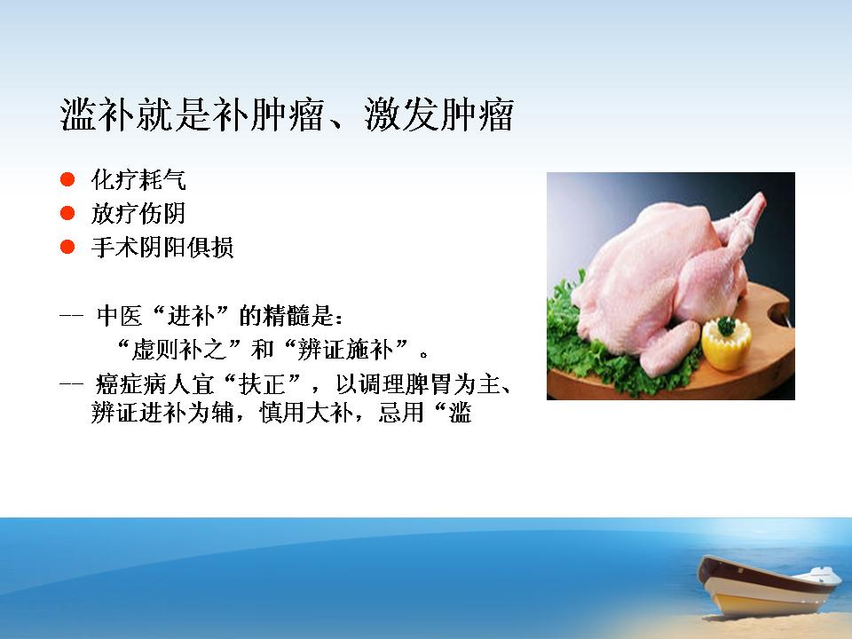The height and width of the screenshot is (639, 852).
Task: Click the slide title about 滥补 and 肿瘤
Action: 287,114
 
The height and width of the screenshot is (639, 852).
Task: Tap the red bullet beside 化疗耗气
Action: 67,179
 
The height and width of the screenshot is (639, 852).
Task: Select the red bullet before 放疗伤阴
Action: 67,213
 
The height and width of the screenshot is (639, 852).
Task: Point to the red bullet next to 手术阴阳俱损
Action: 67,248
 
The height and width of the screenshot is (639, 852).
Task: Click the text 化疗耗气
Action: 138,180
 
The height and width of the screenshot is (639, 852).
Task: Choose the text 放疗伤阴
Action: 138,214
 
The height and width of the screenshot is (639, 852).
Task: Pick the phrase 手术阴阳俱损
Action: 162,248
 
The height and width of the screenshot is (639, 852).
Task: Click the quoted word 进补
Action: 191,316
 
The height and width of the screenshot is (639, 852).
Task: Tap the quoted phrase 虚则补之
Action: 179,350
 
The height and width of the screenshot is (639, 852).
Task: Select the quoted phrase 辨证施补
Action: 345,350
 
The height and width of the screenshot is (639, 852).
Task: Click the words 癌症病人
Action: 143,384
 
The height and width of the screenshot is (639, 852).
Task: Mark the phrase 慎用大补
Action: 306,413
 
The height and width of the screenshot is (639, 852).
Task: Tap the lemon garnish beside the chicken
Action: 727,344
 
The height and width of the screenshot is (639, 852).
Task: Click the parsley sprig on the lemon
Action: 727,326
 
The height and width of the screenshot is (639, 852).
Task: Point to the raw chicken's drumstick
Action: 669,348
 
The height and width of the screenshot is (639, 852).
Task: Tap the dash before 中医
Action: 71,316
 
